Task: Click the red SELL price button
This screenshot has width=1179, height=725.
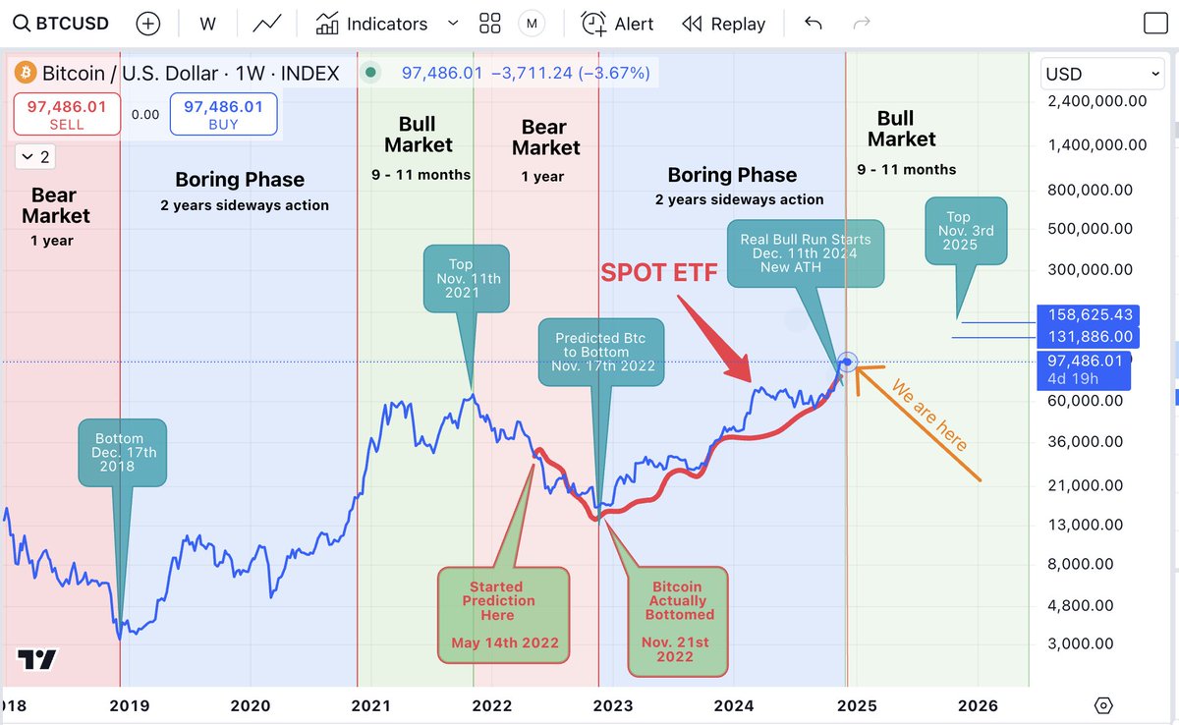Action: [x=67, y=114]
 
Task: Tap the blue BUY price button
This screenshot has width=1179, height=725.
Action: [x=223, y=114]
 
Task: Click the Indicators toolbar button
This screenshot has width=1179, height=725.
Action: [x=372, y=24]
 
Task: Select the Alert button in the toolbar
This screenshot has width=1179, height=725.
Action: [x=617, y=24]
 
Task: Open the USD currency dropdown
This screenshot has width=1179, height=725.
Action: [x=1101, y=74]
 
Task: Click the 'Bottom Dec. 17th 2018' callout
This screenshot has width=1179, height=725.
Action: [x=122, y=453]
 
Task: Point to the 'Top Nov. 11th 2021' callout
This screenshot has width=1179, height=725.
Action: [x=466, y=279]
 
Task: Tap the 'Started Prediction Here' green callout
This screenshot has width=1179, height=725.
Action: [x=504, y=615]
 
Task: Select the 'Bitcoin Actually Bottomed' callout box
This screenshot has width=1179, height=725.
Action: [x=677, y=621]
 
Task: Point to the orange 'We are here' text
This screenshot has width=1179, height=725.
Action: [x=928, y=428]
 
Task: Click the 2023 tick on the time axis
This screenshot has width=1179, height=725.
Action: [x=612, y=705]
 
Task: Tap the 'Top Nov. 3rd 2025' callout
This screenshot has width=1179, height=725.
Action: [x=966, y=231]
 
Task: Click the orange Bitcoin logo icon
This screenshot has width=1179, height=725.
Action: [x=25, y=73]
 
